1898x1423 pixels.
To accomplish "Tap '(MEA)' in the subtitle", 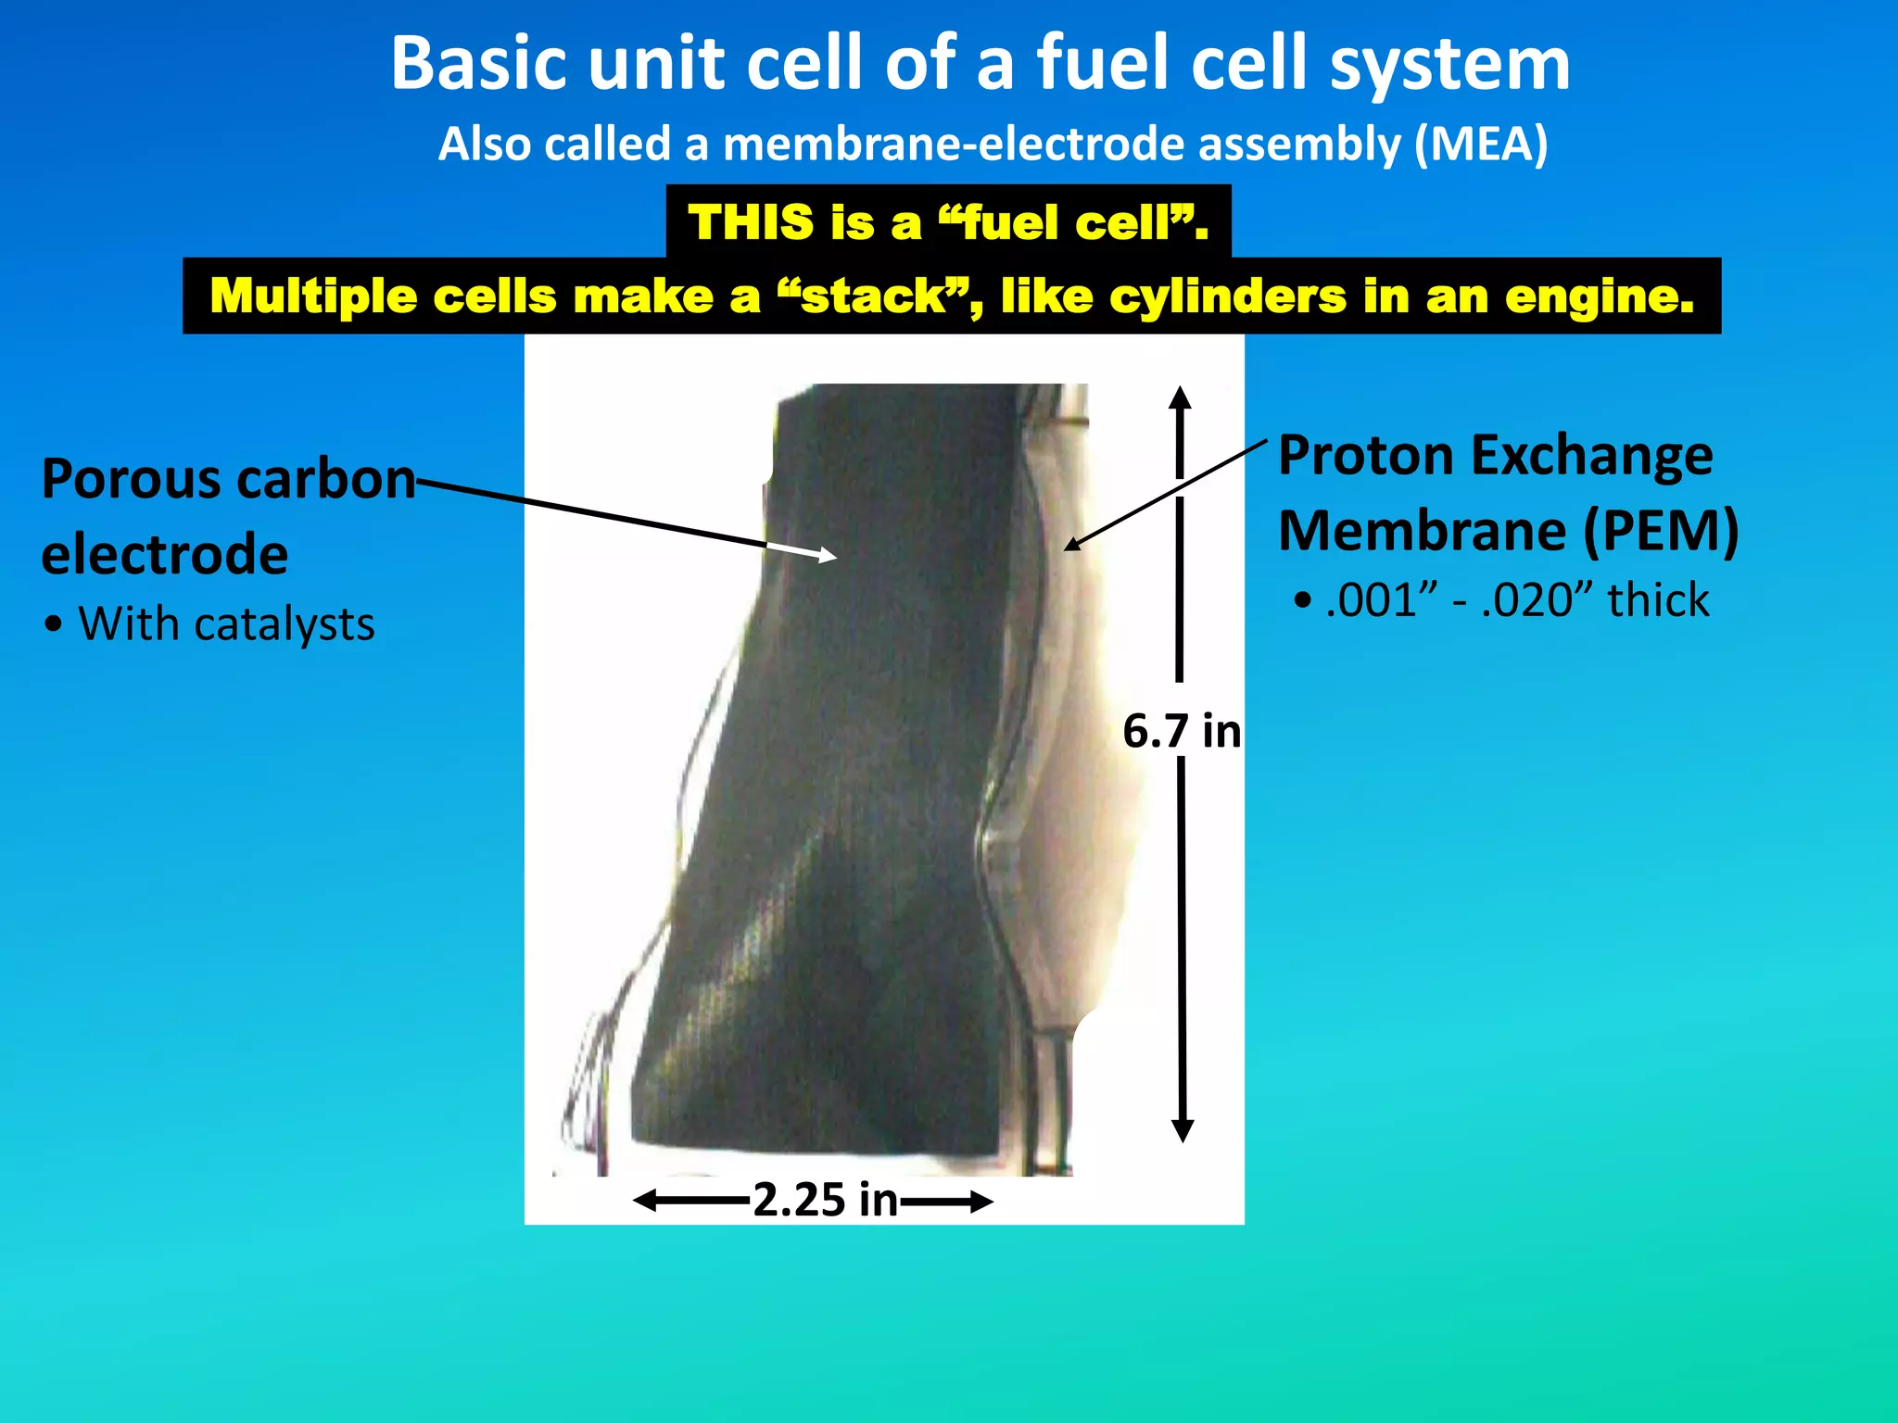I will [x=1480, y=145].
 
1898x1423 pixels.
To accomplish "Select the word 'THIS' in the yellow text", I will [x=750, y=222].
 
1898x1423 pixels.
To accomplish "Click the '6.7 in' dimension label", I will [x=1182, y=731].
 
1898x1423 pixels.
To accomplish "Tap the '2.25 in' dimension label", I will [x=825, y=1201].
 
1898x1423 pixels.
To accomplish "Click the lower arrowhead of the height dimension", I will [x=1183, y=1131].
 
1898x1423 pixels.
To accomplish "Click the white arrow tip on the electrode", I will [x=829, y=556].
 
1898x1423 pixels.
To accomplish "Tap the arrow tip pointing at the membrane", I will [x=1070, y=545].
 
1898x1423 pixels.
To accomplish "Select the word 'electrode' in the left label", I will [x=165, y=554].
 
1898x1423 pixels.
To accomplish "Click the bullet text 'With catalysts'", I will [x=226, y=623].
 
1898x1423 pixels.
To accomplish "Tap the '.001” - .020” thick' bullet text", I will [x=1516, y=600].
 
